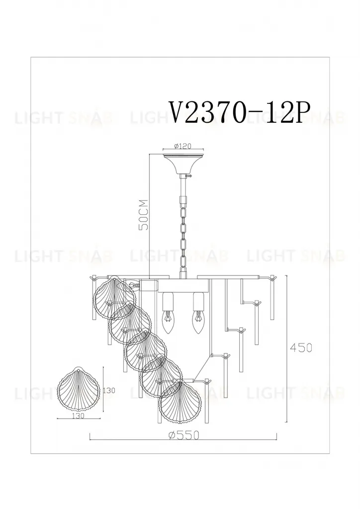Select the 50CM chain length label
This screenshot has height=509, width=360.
click(x=144, y=215)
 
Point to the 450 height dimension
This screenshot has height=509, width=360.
click(x=301, y=348)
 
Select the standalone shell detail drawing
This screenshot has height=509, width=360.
click(x=79, y=388)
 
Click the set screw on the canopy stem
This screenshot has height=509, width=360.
click(x=188, y=175)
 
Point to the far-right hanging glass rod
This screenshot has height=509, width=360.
click(x=271, y=298)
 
